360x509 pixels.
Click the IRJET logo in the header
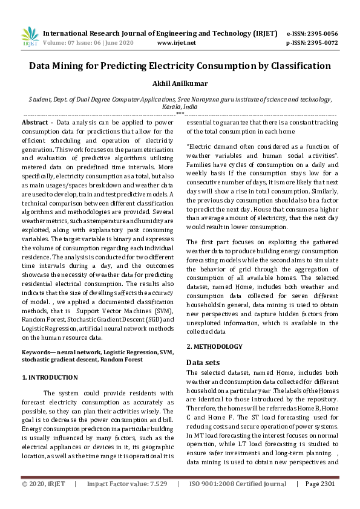pyautogui.click(x=30, y=37)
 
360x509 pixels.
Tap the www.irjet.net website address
pyautogui.click(x=176, y=43)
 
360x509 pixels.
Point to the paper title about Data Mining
pyautogui.click(x=180, y=66)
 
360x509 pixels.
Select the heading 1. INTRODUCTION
pyautogui.click(x=50, y=377)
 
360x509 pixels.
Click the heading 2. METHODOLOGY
pyautogui.click(x=214, y=346)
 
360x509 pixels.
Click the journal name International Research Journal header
pyautogui.click(x=159, y=33)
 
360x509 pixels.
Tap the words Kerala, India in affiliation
pyautogui.click(x=180, y=105)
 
